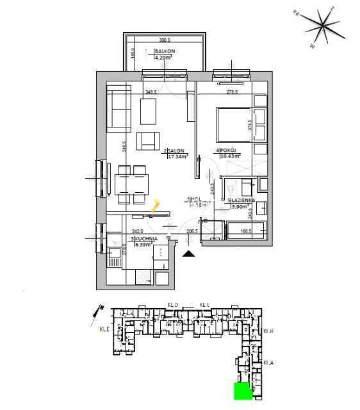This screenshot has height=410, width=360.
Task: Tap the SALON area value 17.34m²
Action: tap(176, 156)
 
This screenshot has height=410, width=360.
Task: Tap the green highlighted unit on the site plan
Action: tap(242, 390)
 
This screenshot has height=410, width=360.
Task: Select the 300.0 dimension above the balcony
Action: tap(166, 38)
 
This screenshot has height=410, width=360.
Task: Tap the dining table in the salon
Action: tap(131, 183)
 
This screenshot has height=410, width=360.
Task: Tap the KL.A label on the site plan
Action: tap(268, 363)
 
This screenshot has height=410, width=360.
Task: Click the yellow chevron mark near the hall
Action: tap(154, 205)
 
